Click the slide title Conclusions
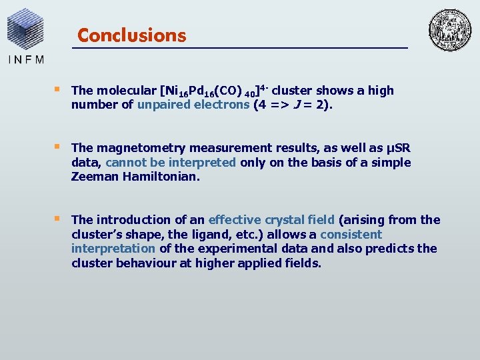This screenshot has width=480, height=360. tap(131, 35)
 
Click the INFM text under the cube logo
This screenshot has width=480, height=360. tap(26, 58)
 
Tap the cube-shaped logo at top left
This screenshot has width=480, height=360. tap(25, 28)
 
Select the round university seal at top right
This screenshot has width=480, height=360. tap(449, 30)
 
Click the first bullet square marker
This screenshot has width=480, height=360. tap(57, 89)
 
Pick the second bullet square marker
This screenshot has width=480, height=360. tap(57, 147)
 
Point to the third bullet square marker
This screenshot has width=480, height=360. tap(57, 219)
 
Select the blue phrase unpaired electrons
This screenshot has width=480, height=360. tap(193, 105)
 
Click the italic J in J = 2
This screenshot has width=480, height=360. tap(311, 105)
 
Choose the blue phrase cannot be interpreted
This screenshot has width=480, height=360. tap(171, 163)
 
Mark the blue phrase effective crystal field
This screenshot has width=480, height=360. tap(272, 220)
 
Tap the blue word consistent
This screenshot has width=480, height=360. tap(351, 235)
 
